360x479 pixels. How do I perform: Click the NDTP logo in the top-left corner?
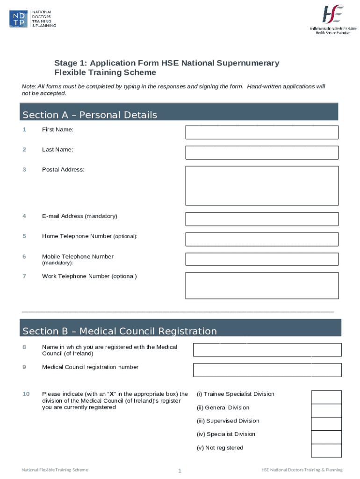[32, 19]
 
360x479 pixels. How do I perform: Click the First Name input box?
[262, 132]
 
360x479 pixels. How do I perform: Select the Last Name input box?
[262, 152]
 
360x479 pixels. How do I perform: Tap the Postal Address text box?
[262, 186]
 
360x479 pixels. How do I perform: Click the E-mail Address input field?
[262, 219]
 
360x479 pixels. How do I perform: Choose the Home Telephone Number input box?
[262, 239]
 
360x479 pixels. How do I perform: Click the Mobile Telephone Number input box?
[262, 259]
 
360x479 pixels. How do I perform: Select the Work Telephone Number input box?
[262, 285]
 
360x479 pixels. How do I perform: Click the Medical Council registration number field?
[267, 370]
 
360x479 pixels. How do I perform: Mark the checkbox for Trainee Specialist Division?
[326, 397]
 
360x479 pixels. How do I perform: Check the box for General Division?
[326, 410]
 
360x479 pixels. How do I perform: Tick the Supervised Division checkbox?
[326, 424]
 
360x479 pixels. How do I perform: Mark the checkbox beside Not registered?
[326, 450]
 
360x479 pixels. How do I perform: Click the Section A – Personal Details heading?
[90, 115]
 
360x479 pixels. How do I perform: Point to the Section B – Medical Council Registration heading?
[120, 331]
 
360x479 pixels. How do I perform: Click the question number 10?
[26, 394]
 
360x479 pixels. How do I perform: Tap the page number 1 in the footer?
[180, 471]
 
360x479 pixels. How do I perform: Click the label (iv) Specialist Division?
[226, 434]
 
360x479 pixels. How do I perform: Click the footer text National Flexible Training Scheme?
[55, 470]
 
